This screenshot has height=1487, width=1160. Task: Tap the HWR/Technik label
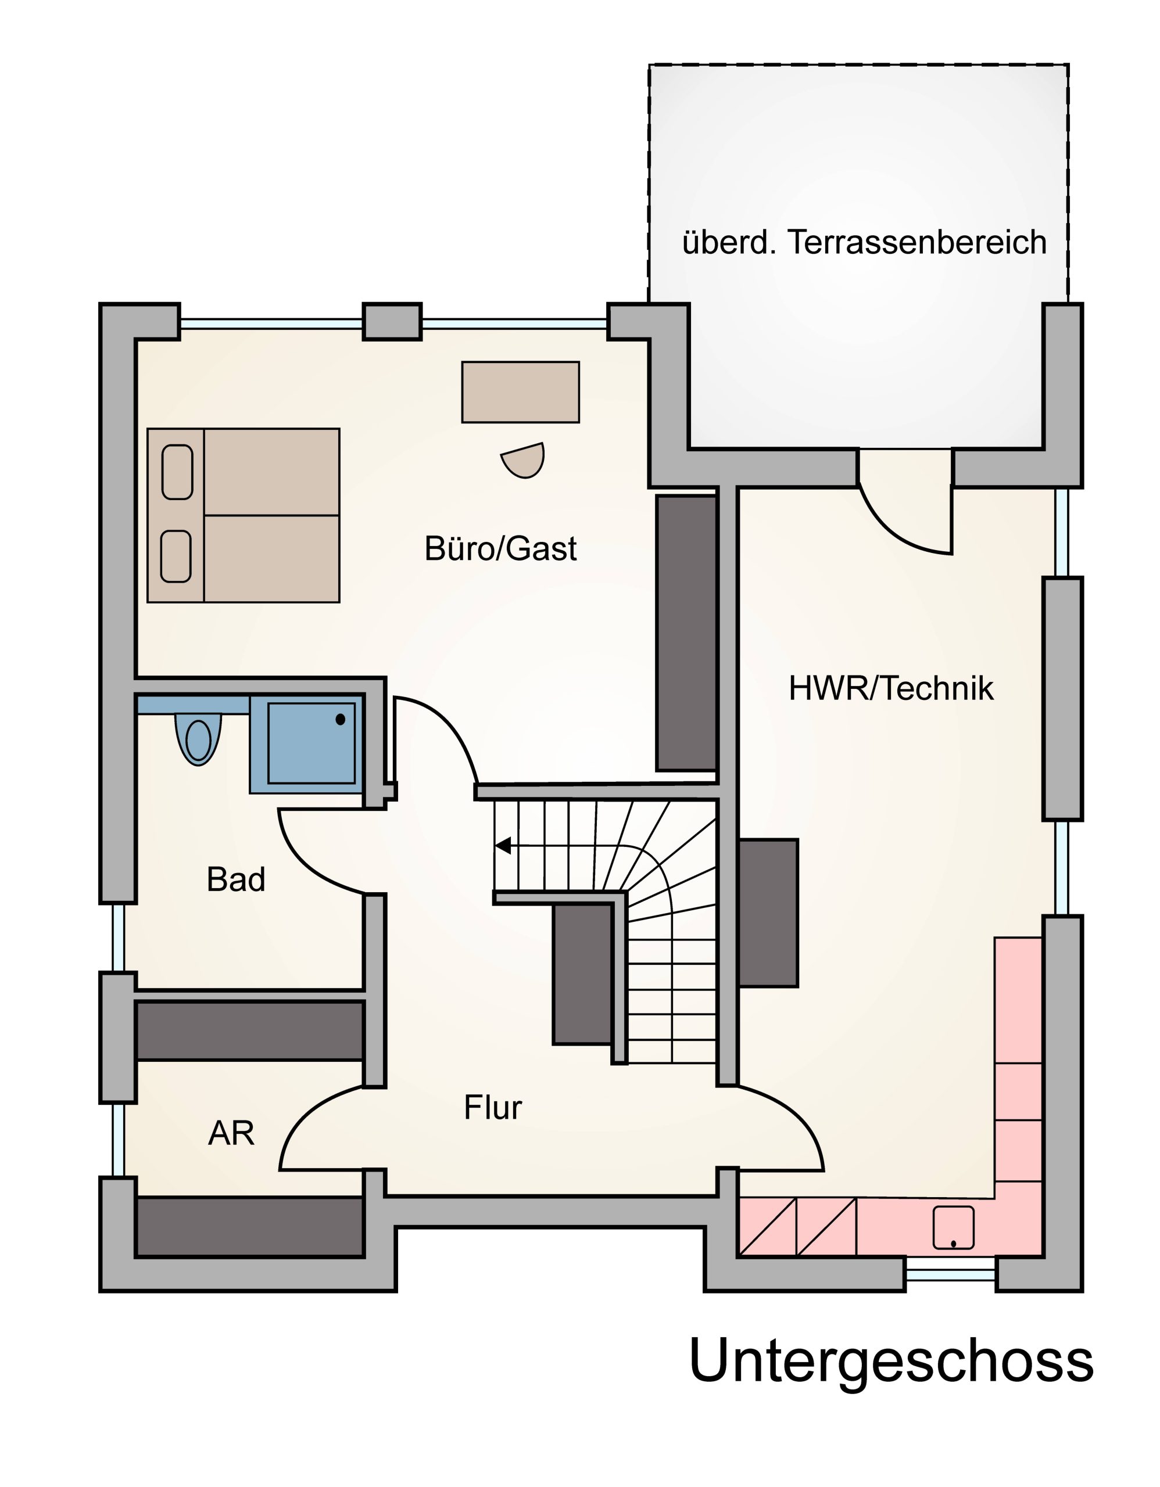pyautogui.click(x=890, y=689)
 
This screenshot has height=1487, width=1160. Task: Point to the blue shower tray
pyautogui.click(x=312, y=743)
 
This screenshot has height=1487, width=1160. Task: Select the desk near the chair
pyautogui.click(x=520, y=392)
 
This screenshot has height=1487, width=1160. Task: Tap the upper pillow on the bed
pyautogui.click(x=177, y=472)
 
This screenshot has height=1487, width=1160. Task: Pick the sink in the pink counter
pyautogui.click(x=953, y=1227)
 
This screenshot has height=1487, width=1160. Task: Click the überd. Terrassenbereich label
pyautogui.click(x=864, y=243)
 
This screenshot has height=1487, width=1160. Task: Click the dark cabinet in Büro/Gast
pyautogui.click(x=686, y=633)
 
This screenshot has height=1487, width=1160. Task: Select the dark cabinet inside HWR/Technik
pyautogui.click(x=768, y=913)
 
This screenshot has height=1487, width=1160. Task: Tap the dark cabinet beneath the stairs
pyautogui.click(x=582, y=974)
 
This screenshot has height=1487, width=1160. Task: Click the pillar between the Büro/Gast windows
pyautogui.click(x=392, y=321)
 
